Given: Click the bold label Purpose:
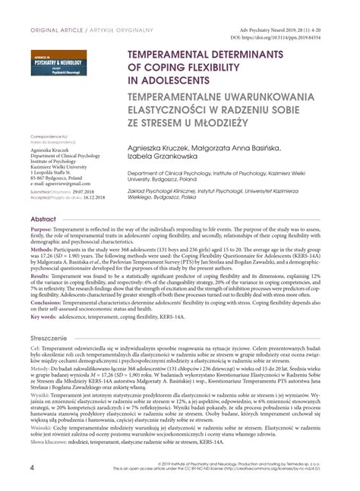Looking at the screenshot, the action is pyautogui.click(x=41, y=229).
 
